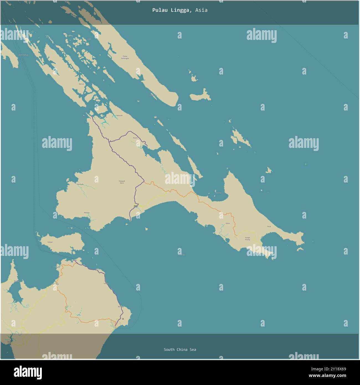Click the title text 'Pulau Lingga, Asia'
click(180, 10)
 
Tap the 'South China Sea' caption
click(180, 350)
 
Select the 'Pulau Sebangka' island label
click(125, 57)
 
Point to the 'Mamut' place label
click(81, 84)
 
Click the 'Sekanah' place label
click(119, 115)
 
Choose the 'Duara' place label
click(135, 138)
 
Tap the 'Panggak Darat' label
click(122, 182)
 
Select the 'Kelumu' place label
click(87, 213)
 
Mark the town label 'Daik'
click(135, 206)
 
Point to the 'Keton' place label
click(228, 223)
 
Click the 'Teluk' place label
click(269, 227)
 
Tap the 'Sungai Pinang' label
click(247, 238)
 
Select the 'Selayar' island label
click(50, 242)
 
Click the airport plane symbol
click(123, 319)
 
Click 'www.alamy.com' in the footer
click(331, 376)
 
